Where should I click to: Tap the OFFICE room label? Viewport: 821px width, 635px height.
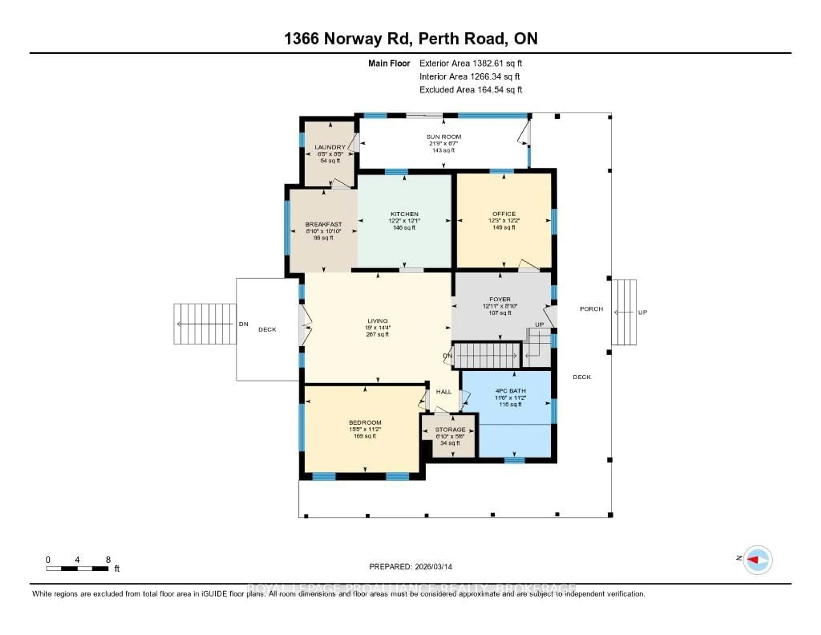pyautogui.click(x=504, y=214)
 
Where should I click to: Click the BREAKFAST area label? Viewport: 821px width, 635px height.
pyautogui.click(x=323, y=224)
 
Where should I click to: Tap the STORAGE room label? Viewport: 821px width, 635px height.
pyautogui.click(x=450, y=429)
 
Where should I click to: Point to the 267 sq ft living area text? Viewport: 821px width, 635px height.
pyautogui.click(x=377, y=334)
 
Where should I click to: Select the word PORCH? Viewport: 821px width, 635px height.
pyautogui.click(x=591, y=309)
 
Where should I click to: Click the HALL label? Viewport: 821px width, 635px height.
pyautogui.click(x=444, y=391)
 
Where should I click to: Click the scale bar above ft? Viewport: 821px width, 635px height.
pyautogui.click(x=77, y=568)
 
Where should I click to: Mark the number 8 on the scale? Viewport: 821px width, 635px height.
pyautogui.click(x=108, y=560)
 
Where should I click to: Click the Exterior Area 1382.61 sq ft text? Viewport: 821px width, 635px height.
pyautogui.click(x=471, y=63)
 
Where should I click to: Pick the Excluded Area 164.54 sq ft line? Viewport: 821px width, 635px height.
pyautogui.click(x=471, y=89)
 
